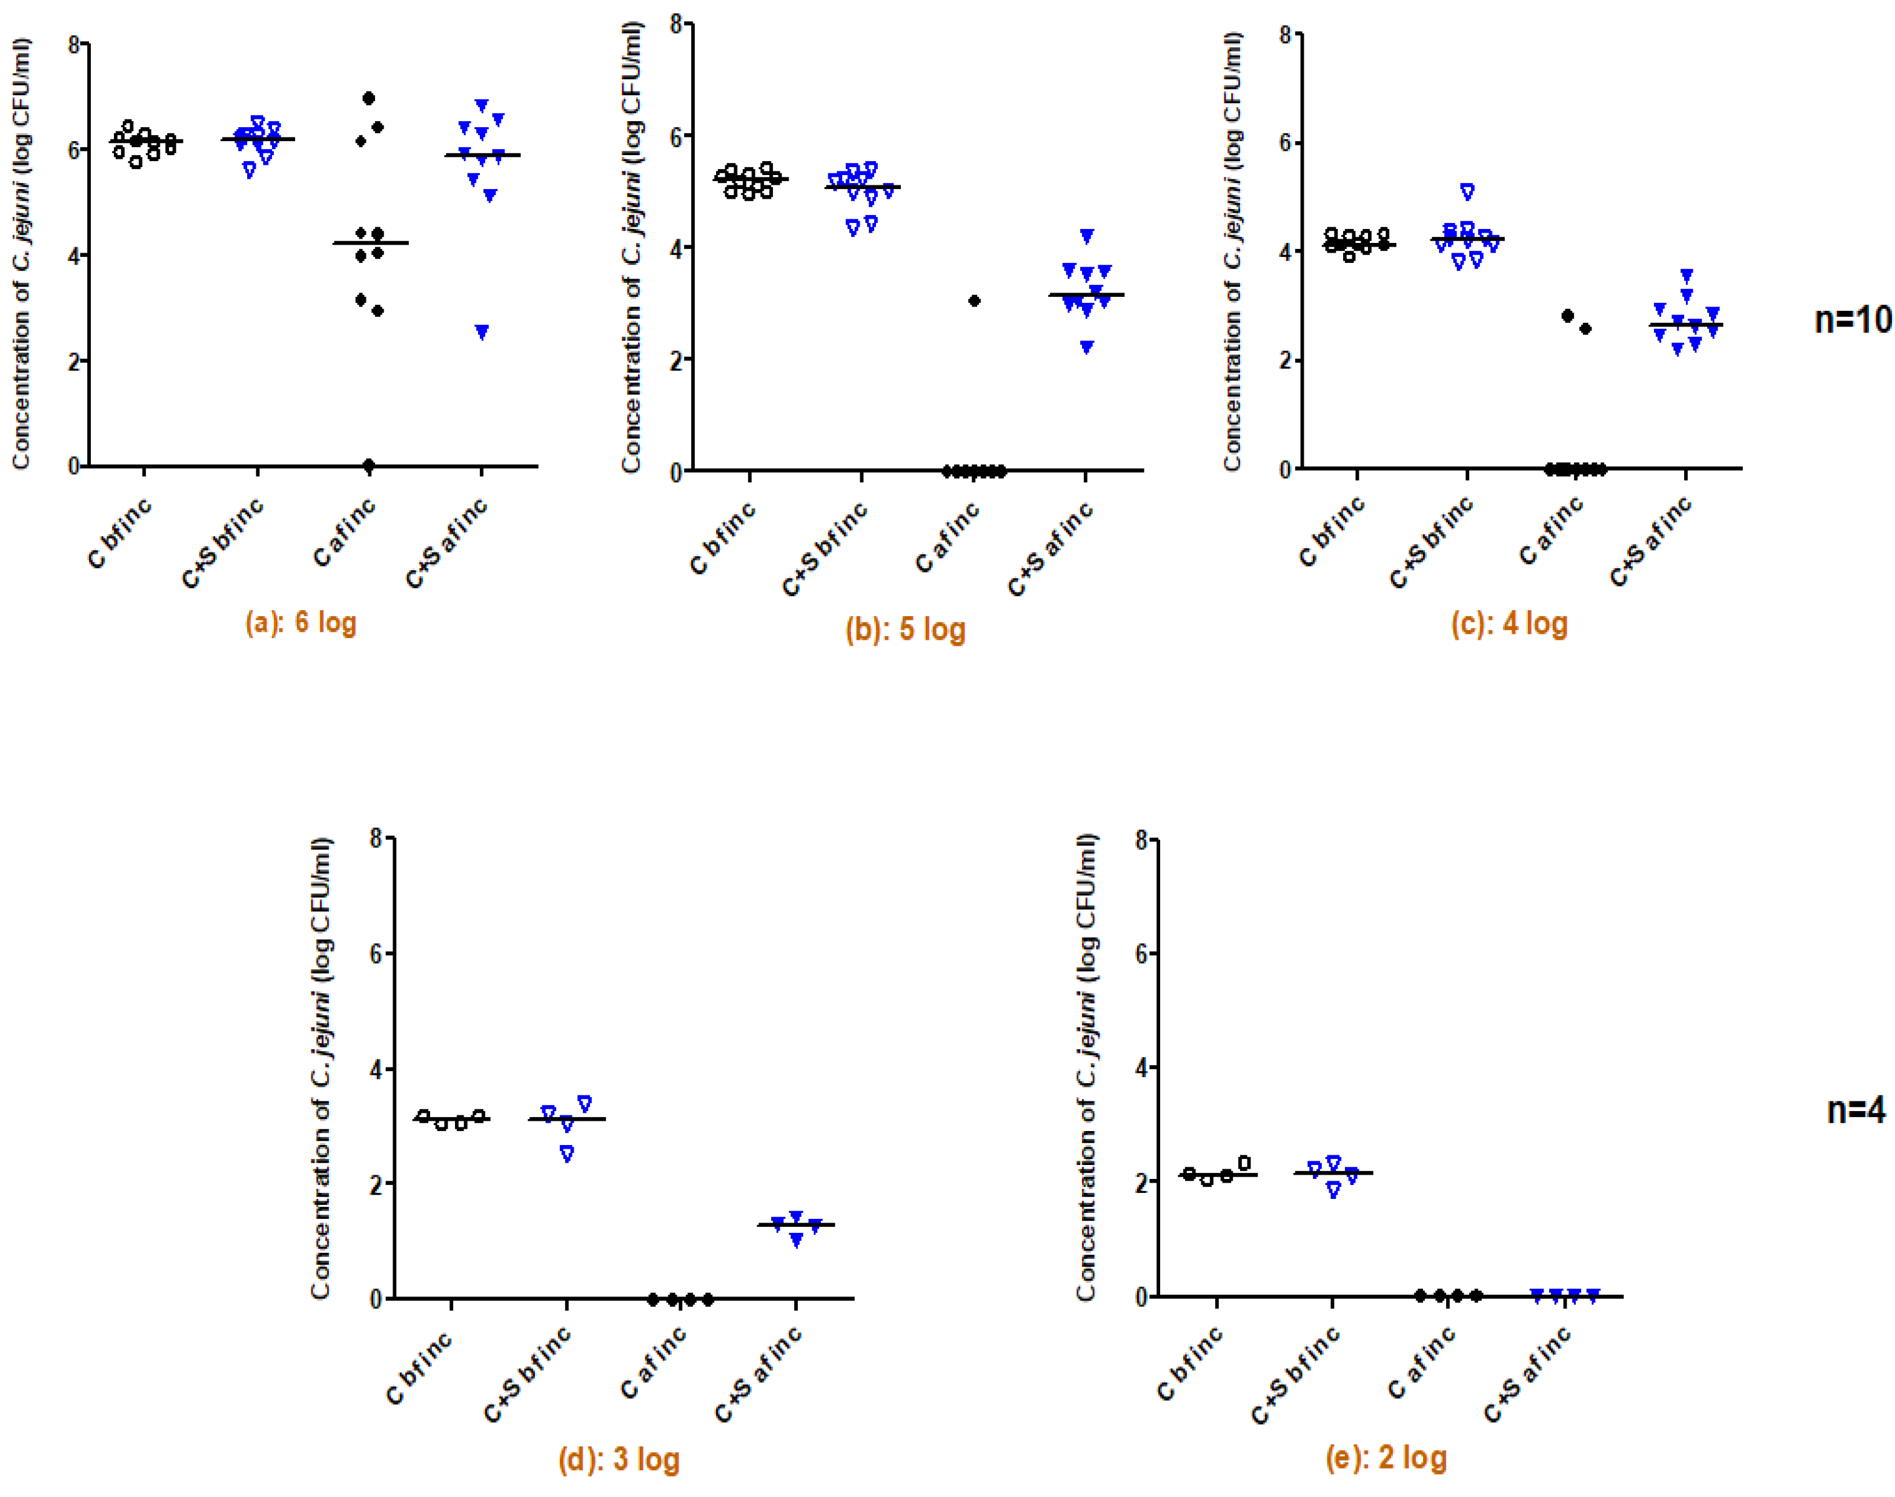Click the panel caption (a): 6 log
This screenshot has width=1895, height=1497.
tap(300, 623)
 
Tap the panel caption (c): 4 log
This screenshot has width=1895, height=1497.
tap(1508, 623)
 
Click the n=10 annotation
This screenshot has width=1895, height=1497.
tap(1852, 320)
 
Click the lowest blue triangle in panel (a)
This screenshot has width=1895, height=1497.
tap(481, 332)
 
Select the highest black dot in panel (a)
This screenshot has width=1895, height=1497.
tap(369, 98)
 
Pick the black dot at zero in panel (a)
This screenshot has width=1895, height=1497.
tap(369, 465)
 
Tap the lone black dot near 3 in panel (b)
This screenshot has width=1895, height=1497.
tap(974, 300)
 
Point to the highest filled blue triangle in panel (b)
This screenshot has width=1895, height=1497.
tap(1086, 236)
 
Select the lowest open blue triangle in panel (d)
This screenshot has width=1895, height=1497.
tap(567, 1154)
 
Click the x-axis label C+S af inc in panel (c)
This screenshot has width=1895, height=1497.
tap(1650, 542)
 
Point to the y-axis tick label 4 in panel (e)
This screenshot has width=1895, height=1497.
tap(1141, 1067)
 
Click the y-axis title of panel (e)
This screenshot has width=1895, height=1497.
tap(1086, 1067)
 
